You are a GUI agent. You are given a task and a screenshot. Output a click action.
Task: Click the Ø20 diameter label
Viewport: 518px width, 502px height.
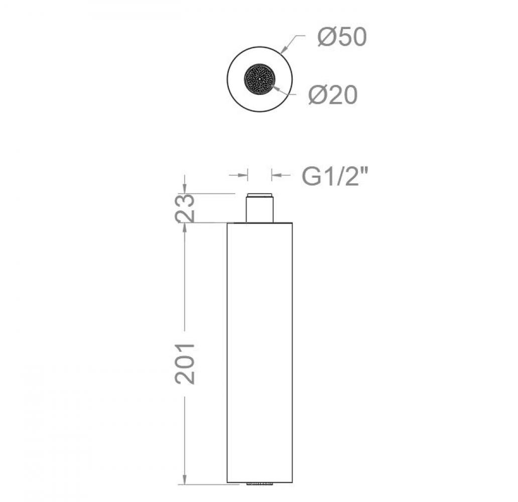(x=333, y=95)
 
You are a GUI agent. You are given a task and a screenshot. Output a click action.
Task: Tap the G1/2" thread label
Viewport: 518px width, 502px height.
(x=335, y=176)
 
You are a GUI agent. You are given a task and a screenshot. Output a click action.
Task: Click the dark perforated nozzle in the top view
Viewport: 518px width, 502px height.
(x=260, y=79)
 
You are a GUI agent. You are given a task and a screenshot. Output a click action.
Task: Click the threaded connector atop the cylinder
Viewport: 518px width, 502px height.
(x=260, y=207)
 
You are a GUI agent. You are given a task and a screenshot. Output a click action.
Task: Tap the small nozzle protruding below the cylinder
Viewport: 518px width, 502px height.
(x=260, y=484)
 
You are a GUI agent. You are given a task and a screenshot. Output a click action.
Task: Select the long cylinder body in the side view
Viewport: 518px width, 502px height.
(x=260, y=352)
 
